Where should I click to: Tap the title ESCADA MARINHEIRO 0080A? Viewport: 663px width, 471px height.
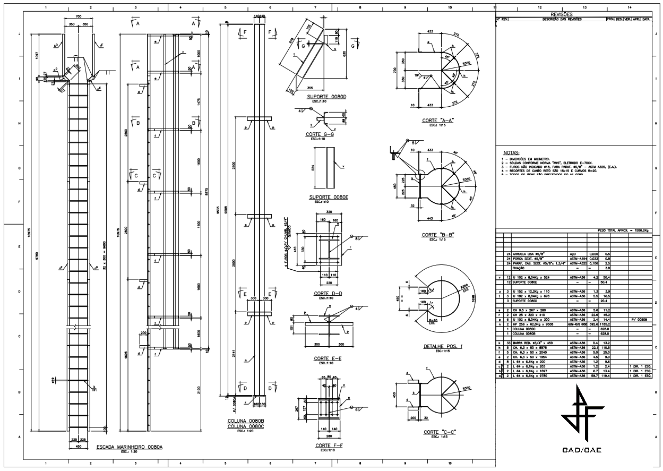(129, 448)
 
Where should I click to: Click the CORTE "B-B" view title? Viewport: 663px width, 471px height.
(437, 234)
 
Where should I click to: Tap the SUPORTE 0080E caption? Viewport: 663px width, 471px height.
(328, 197)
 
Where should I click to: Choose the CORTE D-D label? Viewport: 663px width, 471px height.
(328, 293)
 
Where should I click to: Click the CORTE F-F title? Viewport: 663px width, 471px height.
(328, 446)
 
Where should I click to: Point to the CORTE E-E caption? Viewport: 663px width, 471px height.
(328, 358)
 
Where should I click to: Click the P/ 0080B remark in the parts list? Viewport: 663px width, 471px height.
(637, 321)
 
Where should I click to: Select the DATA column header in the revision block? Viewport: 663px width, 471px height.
(645, 19)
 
